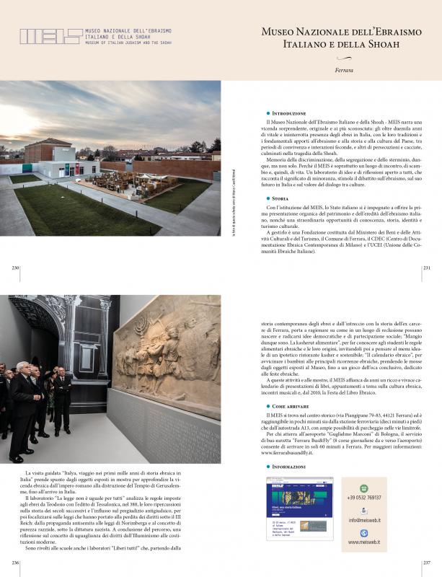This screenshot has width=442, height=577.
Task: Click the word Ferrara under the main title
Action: [344, 70]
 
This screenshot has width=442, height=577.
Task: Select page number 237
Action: [426, 562]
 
